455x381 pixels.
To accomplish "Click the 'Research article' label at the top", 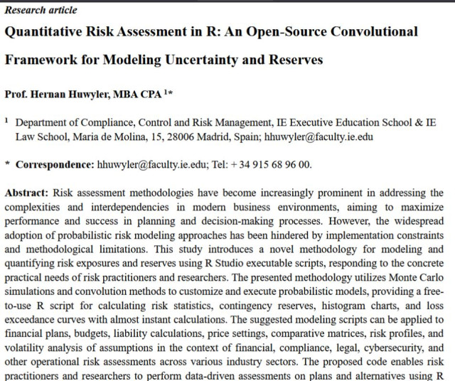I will (41, 10).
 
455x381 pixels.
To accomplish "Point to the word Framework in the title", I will (41, 59).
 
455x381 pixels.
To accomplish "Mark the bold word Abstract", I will (26, 193).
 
